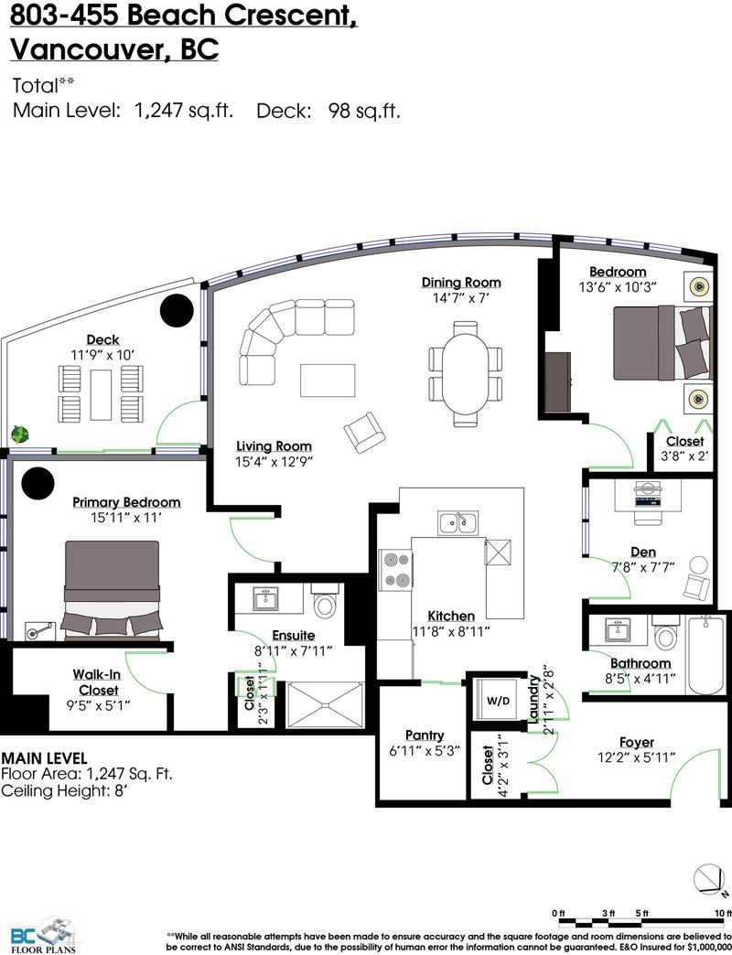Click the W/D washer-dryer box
click(x=498, y=701)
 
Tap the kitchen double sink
click(x=457, y=522)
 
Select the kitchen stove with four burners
click(x=395, y=570)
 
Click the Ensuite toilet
click(x=324, y=600)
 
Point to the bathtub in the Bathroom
click(x=706, y=655)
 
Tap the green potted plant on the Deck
click(x=20, y=435)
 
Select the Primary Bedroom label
click(x=126, y=502)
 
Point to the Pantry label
click(x=425, y=735)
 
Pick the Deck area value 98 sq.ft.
click(x=364, y=112)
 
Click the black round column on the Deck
click(x=177, y=310)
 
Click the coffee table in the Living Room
click(x=328, y=380)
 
